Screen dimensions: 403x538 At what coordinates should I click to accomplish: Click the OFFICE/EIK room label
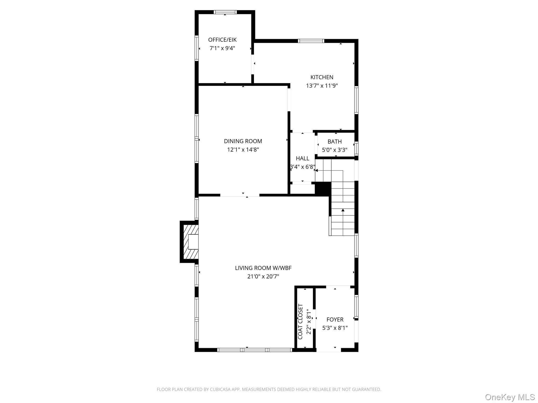222,40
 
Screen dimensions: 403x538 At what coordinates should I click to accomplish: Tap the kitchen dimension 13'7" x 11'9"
322,86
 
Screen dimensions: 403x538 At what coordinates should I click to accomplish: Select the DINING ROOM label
243,141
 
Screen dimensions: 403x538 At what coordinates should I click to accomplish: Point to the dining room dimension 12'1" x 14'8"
243,150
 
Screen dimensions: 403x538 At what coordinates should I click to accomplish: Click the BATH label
334,142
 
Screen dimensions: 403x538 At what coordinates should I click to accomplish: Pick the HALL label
302,158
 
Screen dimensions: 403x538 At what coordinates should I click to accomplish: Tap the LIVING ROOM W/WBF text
263,268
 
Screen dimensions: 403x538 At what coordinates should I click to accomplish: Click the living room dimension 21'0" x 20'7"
263,277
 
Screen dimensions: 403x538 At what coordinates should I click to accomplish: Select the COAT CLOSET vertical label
301,321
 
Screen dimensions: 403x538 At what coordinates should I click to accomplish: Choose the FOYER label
335,320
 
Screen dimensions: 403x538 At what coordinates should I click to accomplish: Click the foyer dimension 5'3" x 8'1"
335,328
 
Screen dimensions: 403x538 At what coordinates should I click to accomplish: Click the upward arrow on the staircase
343,210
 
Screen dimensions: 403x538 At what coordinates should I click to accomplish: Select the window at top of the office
225,12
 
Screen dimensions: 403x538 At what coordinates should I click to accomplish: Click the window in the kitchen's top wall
311,41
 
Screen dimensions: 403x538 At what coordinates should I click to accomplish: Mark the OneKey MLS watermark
510,397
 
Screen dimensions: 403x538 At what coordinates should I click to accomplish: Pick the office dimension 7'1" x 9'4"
222,48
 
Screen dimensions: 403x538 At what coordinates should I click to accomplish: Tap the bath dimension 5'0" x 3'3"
334,150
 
